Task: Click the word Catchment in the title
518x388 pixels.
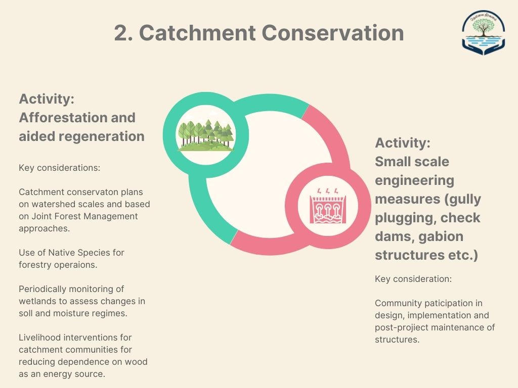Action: [198, 33]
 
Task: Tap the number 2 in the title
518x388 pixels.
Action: [121, 33]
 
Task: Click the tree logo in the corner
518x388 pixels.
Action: [483, 32]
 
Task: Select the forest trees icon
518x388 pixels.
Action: [206, 135]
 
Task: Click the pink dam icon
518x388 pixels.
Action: [328, 206]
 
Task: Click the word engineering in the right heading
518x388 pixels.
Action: [415, 181]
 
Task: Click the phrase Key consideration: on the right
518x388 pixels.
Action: [413, 279]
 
